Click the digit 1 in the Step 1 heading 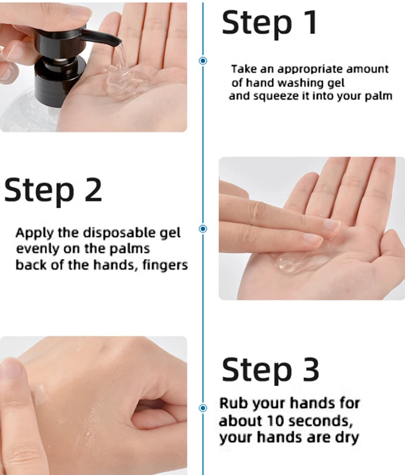[310, 23]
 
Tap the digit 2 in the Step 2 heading [93, 189]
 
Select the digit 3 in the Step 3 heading [311, 369]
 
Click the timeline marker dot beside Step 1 [203, 60]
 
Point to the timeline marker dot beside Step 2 [203, 229]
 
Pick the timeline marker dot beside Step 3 [203, 408]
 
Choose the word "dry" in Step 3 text [347, 438]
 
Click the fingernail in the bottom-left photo [11, 368]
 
